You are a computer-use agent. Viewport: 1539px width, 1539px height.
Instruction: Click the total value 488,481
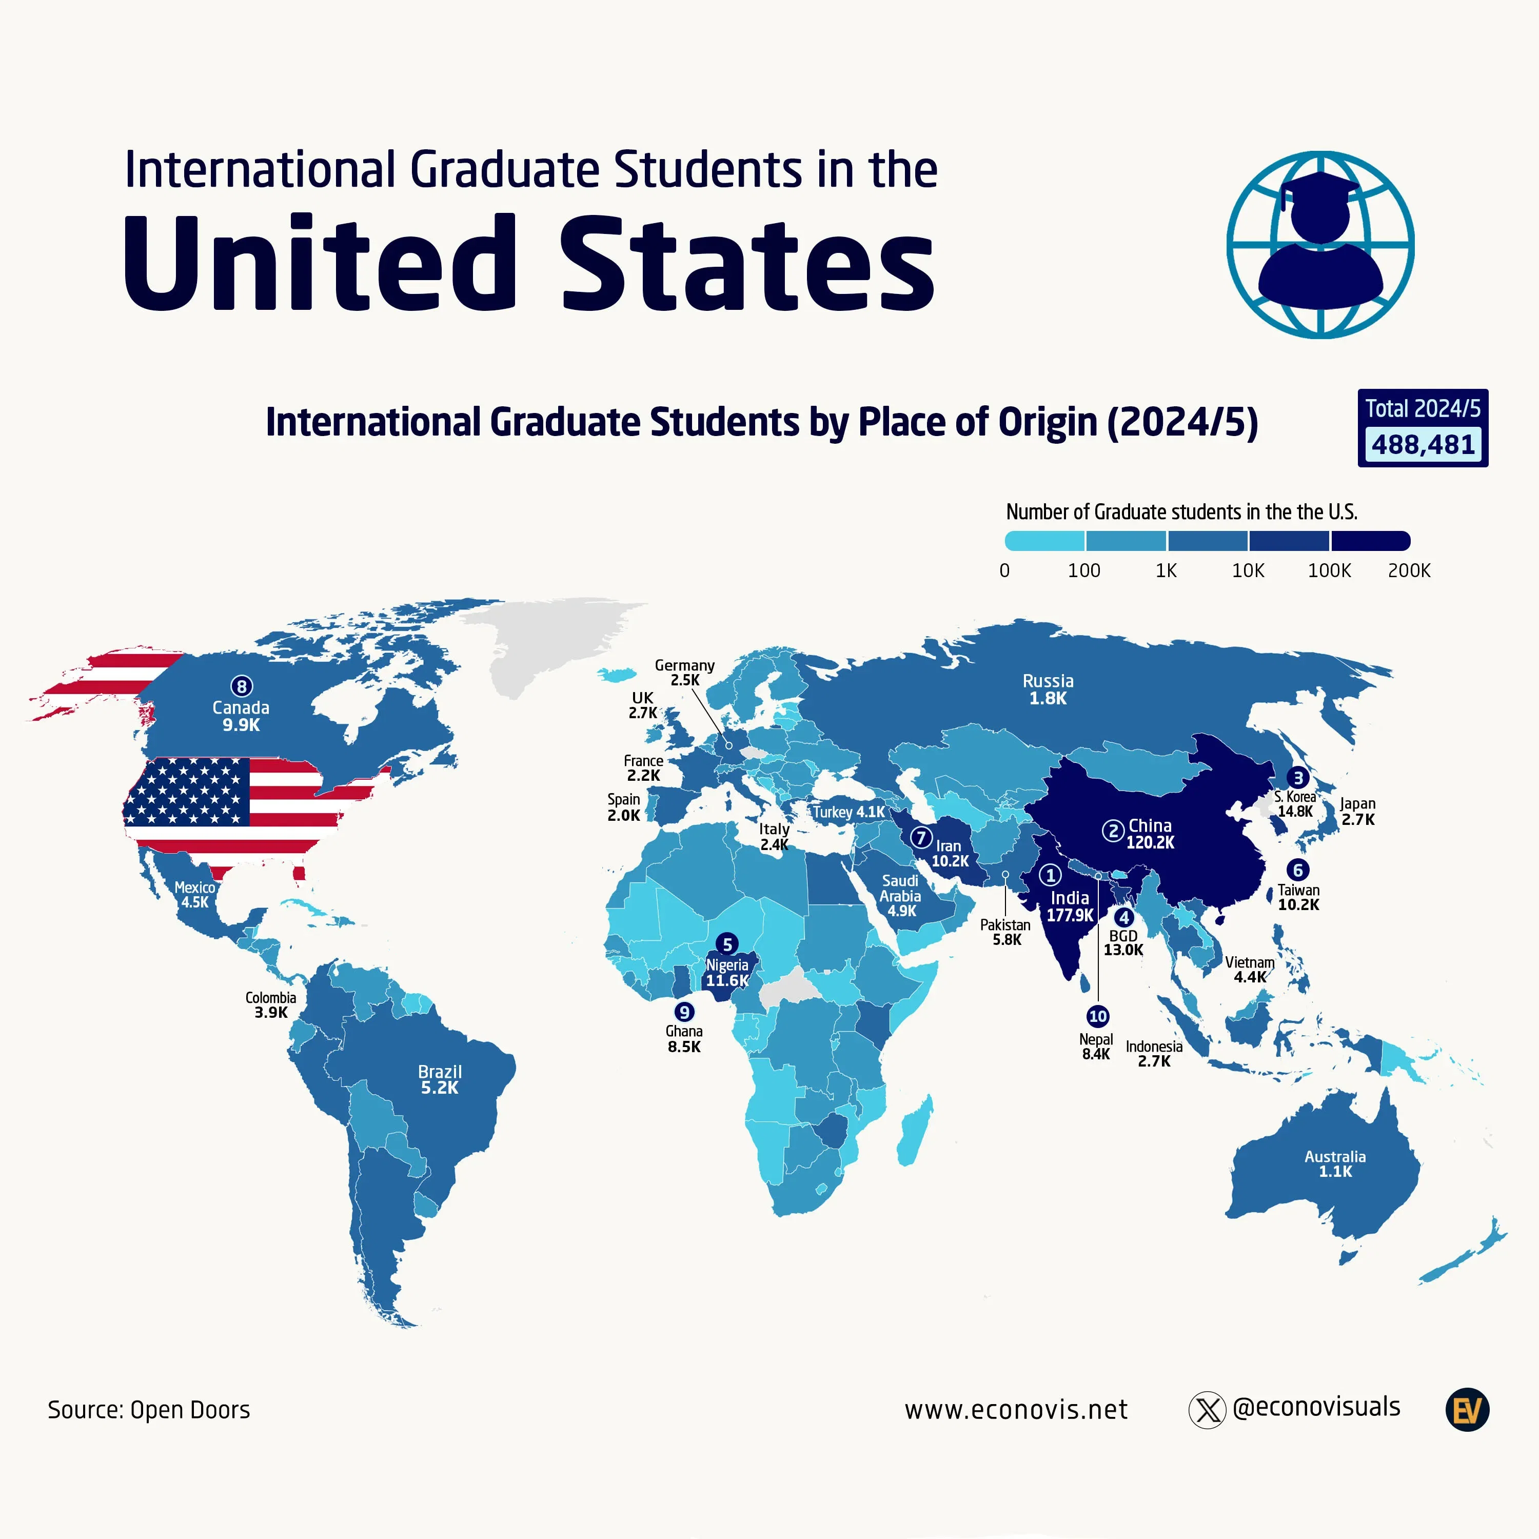[1423, 444]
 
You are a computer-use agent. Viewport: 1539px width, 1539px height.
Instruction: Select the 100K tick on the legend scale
[1329, 570]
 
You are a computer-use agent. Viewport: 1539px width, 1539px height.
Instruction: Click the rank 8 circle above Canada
[241, 686]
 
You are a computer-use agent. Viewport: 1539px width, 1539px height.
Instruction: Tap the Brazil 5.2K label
[440, 1079]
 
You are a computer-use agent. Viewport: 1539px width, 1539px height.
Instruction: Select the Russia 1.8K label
[1048, 689]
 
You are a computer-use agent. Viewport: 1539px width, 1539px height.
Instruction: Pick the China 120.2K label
[1150, 833]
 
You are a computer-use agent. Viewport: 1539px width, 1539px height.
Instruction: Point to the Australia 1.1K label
[1335, 1164]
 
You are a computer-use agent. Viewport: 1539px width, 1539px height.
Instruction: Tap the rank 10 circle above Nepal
[1098, 1016]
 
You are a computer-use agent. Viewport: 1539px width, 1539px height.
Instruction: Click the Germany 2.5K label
[685, 673]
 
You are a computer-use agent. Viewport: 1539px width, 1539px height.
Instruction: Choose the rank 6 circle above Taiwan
[1298, 870]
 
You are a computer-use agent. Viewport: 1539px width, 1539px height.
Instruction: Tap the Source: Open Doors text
[149, 1410]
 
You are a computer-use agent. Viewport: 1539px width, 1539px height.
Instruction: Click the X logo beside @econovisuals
[1207, 1410]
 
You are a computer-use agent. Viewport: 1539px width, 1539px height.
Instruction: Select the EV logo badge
[1467, 1410]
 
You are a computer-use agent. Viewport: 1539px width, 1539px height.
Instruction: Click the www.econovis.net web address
[1016, 1410]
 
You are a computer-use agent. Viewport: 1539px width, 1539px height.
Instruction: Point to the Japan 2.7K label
[1357, 811]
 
